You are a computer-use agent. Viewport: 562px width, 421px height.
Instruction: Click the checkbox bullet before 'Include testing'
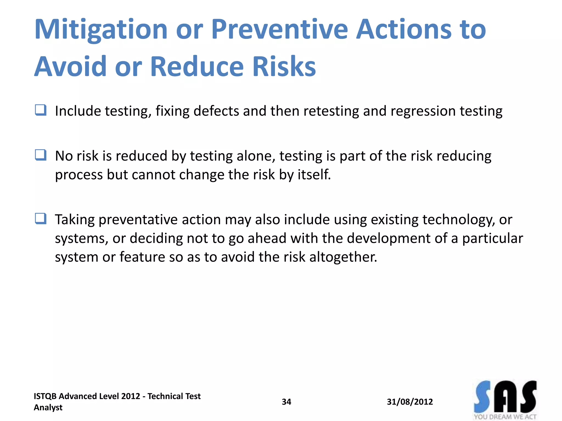(41, 110)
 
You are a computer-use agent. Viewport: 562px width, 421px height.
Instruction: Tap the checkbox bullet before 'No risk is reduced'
(41, 155)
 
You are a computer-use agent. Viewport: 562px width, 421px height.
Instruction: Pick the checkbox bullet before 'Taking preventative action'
(41, 219)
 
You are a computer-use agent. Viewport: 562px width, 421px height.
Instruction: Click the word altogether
(343, 257)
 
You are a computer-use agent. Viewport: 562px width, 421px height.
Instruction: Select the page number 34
(286, 402)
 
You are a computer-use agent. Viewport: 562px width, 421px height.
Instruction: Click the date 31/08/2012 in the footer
(410, 402)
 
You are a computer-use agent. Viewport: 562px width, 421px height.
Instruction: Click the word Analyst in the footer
(48, 408)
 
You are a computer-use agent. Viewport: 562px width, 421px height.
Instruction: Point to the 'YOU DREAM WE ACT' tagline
(505, 417)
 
